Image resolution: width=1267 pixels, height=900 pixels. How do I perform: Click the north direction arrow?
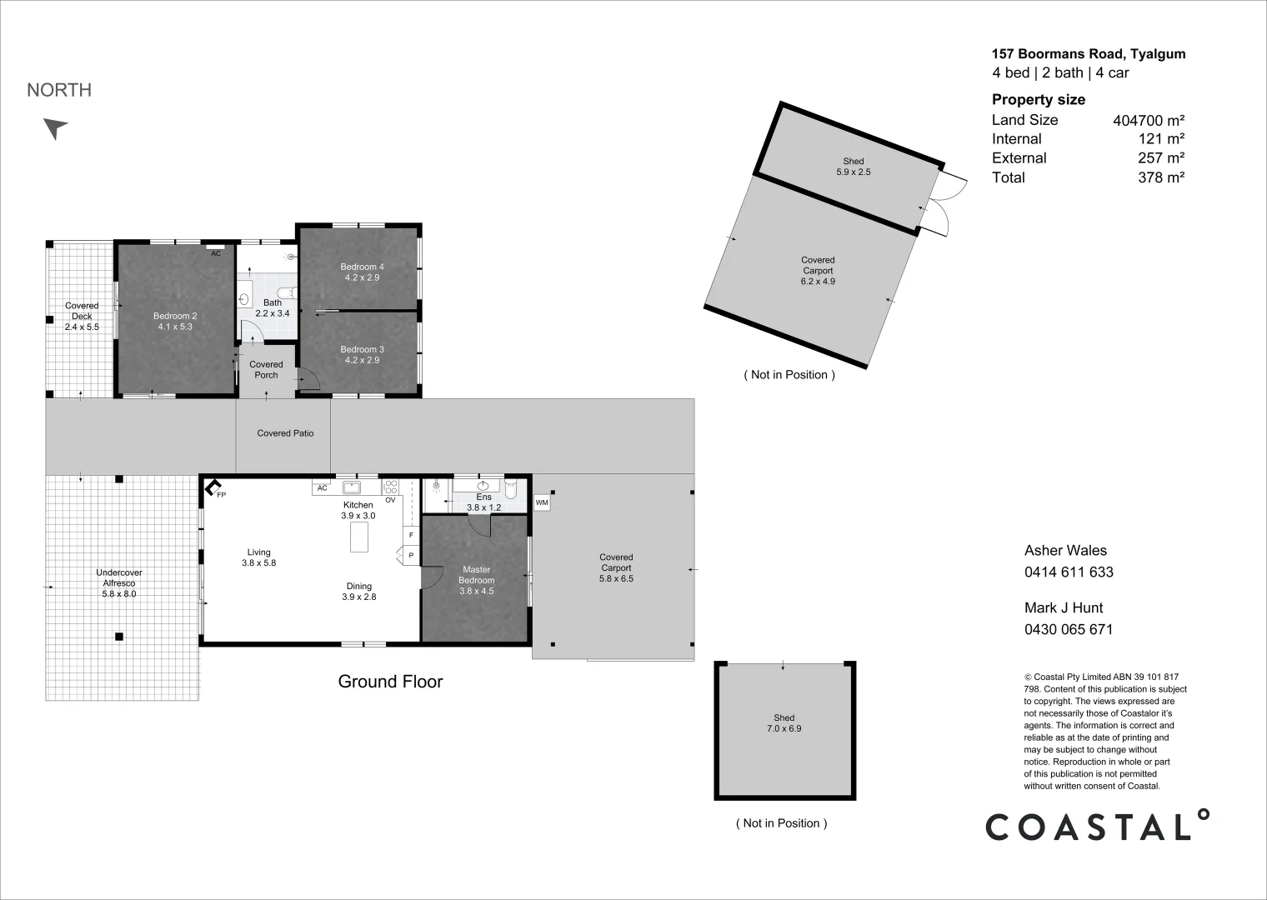coord(55,128)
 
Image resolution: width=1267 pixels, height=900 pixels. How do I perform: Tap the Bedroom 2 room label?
coord(175,321)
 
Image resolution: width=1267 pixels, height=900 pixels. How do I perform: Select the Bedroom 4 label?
coord(362,272)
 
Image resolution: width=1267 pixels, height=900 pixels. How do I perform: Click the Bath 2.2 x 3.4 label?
coord(273,308)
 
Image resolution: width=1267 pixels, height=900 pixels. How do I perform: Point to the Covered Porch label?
coord(266,370)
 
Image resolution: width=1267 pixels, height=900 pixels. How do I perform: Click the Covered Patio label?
coord(285,433)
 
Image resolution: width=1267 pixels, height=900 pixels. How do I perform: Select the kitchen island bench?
coord(359,537)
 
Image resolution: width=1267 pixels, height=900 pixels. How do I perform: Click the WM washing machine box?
coord(542,502)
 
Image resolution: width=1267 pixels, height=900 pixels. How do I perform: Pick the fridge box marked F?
coord(411,535)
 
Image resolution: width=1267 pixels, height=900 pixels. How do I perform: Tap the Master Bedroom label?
coord(476,580)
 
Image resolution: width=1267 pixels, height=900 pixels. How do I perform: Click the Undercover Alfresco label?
coord(119,582)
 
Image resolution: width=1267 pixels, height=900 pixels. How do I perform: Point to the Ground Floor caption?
coord(390,681)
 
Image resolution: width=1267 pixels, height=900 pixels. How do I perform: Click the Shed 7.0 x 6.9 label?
coord(784,723)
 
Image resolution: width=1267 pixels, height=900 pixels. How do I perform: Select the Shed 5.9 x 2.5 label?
coord(854,166)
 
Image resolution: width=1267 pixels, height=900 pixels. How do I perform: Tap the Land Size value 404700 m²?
coord(1149,120)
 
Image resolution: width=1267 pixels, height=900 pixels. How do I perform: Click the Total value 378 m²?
coord(1161,177)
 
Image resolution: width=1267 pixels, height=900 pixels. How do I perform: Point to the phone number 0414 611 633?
coord(1069,572)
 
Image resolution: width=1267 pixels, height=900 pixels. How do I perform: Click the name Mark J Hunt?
coord(1064,607)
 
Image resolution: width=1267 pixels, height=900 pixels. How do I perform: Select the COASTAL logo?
coord(1097,825)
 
